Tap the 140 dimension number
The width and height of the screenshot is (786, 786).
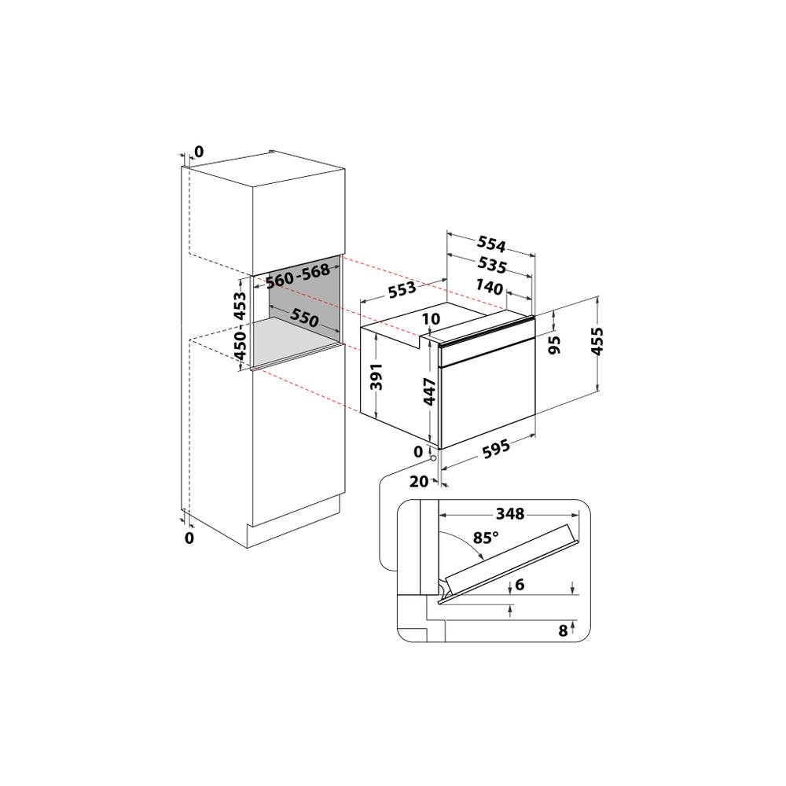point(490,288)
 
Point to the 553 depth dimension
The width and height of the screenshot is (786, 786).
point(402,289)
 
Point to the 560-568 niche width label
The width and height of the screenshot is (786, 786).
point(296,276)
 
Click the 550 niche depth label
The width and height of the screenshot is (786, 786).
point(304,318)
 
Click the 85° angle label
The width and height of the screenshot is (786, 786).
point(486,538)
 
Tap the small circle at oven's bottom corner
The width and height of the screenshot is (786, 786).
point(433,457)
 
